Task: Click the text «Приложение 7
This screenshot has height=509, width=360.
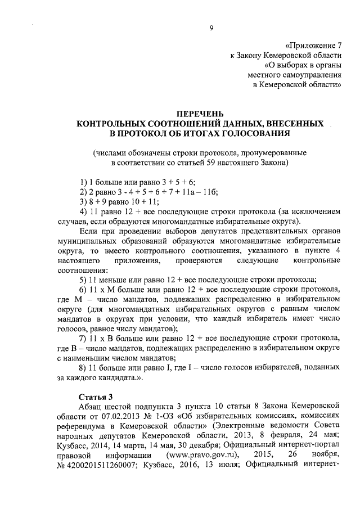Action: pyautogui.click(x=313, y=44)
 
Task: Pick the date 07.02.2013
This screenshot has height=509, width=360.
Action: pyautogui.click(x=143, y=415)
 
